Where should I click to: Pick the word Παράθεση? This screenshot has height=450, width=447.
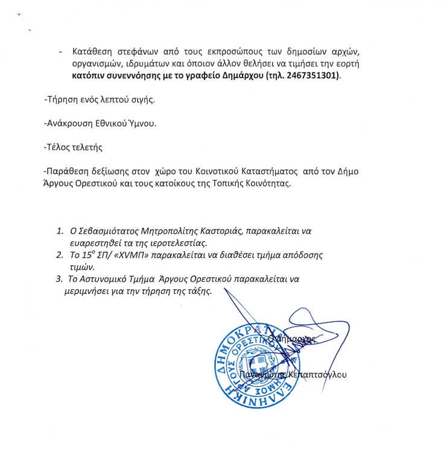[x=67, y=170]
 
